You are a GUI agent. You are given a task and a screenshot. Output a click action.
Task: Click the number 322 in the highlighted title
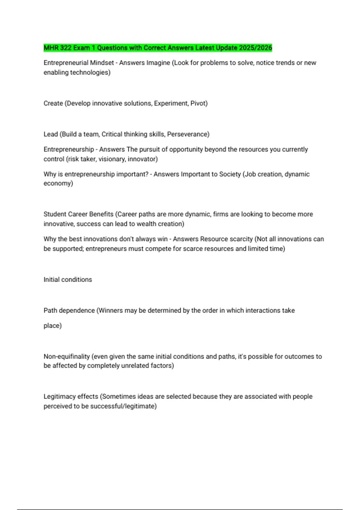pyautogui.click(x=65, y=48)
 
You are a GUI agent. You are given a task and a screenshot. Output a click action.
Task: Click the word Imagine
pyautogui.click(x=158, y=63)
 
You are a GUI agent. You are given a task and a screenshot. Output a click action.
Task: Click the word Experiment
pyautogui.click(x=171, y=103)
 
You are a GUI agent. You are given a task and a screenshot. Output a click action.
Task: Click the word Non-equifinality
pyautogui.click(x=67, y=356)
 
